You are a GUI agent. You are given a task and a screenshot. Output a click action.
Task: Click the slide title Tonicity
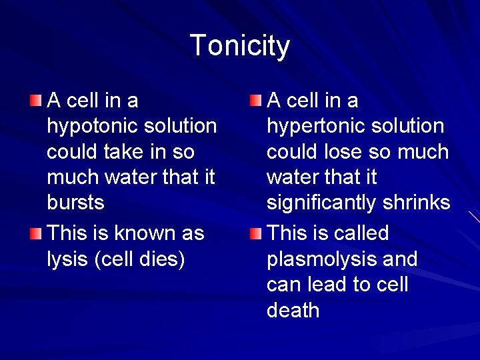tap(240, 46)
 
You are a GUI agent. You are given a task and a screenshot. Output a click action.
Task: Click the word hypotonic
tap(94, 127)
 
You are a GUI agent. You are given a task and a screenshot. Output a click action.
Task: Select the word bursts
tap(75, 203)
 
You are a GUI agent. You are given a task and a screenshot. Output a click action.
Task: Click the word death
tap(293, 310)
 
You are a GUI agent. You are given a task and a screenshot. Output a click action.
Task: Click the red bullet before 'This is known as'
tap(35, 234)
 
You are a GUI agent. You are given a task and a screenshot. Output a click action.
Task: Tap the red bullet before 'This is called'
tap(255, 234)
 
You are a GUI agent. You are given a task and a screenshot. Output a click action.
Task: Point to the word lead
tap(327, 285)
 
